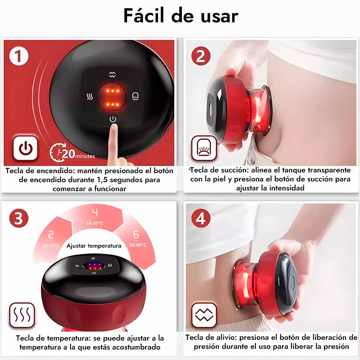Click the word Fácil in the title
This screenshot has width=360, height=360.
coord(144,15)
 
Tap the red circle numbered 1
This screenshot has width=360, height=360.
coord(19,56)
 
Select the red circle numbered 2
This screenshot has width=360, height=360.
coord(201,56)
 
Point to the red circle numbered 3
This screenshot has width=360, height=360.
coord(19,218)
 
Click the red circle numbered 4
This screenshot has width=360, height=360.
coord(201,218)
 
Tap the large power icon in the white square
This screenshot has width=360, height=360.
coord(25,148)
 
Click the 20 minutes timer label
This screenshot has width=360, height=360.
coord(72,153)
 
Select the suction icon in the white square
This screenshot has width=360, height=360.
coord(204,148)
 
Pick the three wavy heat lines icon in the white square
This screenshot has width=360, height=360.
coord(22,315)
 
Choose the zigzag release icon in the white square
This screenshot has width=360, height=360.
coord(204,315)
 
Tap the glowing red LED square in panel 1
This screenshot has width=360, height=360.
coord(112,97)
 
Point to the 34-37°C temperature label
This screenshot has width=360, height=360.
coord(95,223)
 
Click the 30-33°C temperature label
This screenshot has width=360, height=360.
coord(51,246)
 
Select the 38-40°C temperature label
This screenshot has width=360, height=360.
coord(138,245)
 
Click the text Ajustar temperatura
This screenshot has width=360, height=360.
coord(94,246)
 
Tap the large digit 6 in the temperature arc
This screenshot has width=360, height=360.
coord(136,235)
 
